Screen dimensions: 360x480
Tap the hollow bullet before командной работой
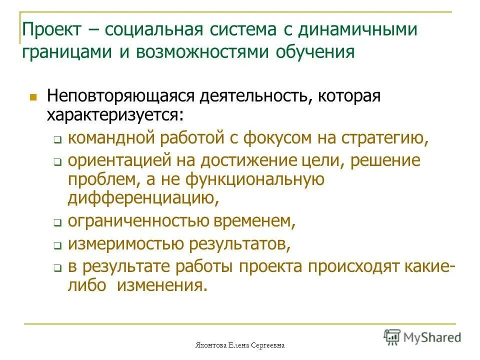coord(57,141)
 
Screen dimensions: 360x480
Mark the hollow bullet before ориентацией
coord(57,163)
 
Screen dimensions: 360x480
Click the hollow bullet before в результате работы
coord(57,268)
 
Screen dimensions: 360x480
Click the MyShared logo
coord(422,337)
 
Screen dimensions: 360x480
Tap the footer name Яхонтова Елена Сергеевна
coord(239,345)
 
